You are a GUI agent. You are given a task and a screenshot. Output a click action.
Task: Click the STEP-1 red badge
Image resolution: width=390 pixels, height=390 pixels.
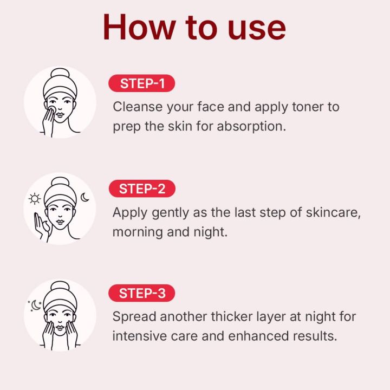[141, 84]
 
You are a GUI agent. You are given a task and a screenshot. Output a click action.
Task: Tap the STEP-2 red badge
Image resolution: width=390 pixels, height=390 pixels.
[141, 189]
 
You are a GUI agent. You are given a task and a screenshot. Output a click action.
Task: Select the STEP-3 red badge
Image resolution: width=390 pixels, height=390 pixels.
[141, 294]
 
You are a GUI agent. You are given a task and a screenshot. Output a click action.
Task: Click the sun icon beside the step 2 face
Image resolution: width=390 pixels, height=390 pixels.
[35, 199]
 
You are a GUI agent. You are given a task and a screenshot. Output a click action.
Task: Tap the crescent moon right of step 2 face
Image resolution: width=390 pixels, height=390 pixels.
[85, 198]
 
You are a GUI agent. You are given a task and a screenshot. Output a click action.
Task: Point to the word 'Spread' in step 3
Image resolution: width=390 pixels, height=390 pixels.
[132, 316]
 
